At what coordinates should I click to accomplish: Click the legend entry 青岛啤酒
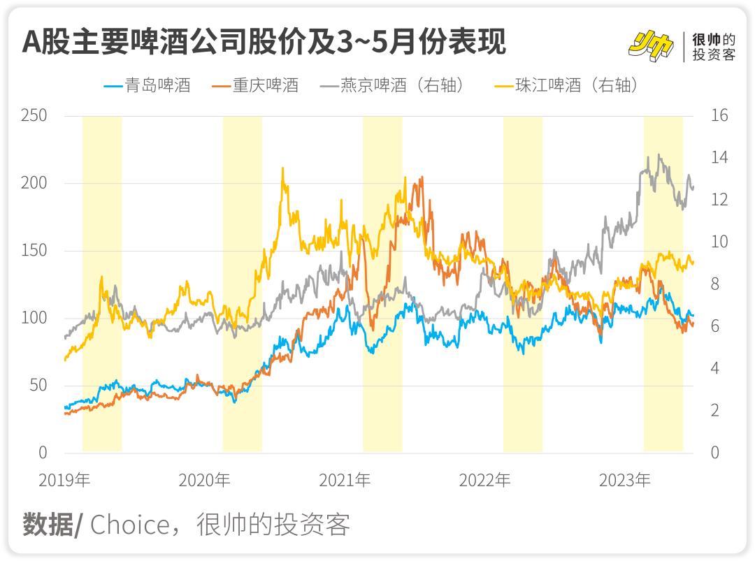(x=148, y=85)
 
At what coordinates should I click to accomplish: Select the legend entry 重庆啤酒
(x=255, y=85)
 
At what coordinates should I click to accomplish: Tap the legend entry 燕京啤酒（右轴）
(x=392, y=85)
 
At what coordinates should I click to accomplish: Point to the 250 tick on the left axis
(x=34, y=115)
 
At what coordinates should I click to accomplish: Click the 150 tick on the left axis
(x=34, y=250)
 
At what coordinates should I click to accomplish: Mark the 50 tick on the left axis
(x=38, y=385)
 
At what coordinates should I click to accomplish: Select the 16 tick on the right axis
(x=719, y=115)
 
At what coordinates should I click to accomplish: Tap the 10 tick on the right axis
(x=719, y=242)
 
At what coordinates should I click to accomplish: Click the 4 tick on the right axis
(x=715, y=368)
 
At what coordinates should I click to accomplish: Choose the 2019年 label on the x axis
(x=64, y=480)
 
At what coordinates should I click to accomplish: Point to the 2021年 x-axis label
(x=345, y=480)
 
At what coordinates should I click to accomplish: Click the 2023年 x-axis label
(x=624, y=480)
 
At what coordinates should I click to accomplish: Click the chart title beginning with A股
(x=264, y=41)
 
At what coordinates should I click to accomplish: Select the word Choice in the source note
(x=129, y=525)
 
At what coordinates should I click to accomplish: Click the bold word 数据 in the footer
(x=48, y=525)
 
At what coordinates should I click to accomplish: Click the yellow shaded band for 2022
(x=522, y=284)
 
